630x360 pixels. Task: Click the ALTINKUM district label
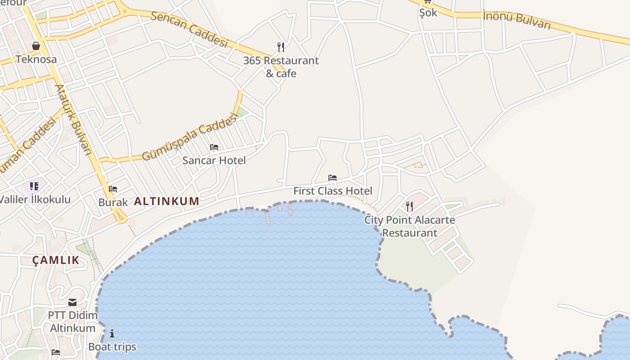pyautogui.click(x=166, y=201)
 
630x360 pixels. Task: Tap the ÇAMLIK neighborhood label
pyautogui.click(x=56, y=260)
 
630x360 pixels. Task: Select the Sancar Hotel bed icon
pyautogui.click(x=214, y=147)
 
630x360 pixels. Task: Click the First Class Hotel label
pyautogui.click(x=333, y=191)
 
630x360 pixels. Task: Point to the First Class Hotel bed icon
pyautogui.click(x=333, y=178)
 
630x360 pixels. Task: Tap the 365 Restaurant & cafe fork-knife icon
pyautogui.click(x=281, y=47)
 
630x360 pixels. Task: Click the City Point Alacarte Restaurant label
pyautogui.click(x=409, y=226)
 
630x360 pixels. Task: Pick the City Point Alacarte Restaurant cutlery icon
pyautogui.click(x=409, y=207)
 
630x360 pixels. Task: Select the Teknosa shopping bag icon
pyautogui.click(x=36, y=46)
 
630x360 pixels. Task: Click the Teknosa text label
pyautogui.click(x=36, y=59)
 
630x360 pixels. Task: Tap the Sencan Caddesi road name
pyautogui.click(x=189, y=29)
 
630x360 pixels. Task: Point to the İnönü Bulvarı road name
pyautogui.click(x=517, y=20)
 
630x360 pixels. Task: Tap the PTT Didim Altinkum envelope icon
pyautogui.click(x=72, y=302)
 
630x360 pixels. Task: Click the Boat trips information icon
pyautogui.click(x=112, y=333)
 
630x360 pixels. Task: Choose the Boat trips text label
pyautogui.click(x=112, y=347)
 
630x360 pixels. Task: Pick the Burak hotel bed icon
pyautogui.click(x=113, y=189)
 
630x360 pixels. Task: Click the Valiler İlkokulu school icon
pyautogui.click(x=34, y=186)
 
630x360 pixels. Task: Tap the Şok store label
pyautogui.click(x=428, y=13)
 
